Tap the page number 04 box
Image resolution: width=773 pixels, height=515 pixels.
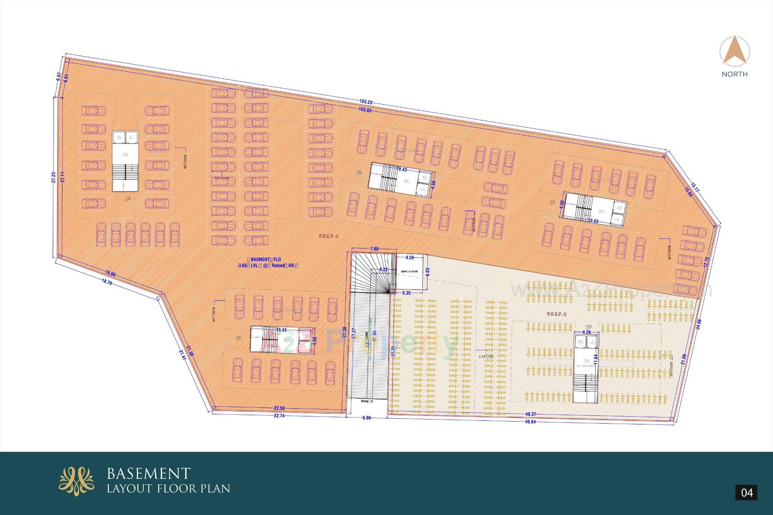pos(746,492)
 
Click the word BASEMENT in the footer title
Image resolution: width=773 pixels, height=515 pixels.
pos(149,473)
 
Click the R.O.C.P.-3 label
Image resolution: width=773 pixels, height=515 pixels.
pos(329,236)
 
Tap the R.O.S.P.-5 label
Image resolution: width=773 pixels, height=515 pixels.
pos(556,314)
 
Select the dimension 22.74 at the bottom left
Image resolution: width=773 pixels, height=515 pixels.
pos(279,416)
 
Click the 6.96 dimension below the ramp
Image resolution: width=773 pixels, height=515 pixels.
pos(366,418)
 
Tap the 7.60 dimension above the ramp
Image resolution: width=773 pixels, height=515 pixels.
pos(374,249)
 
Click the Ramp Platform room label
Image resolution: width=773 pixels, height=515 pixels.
pos(409,272)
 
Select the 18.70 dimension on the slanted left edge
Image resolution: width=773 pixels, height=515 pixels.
pos(107,283)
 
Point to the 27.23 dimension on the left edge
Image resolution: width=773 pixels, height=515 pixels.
pos(54,178)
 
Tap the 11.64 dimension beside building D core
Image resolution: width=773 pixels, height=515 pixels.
pos(596,357)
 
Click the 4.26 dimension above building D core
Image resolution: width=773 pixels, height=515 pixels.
pos(587,333)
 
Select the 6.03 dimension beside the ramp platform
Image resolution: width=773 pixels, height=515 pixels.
pos(428,272)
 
